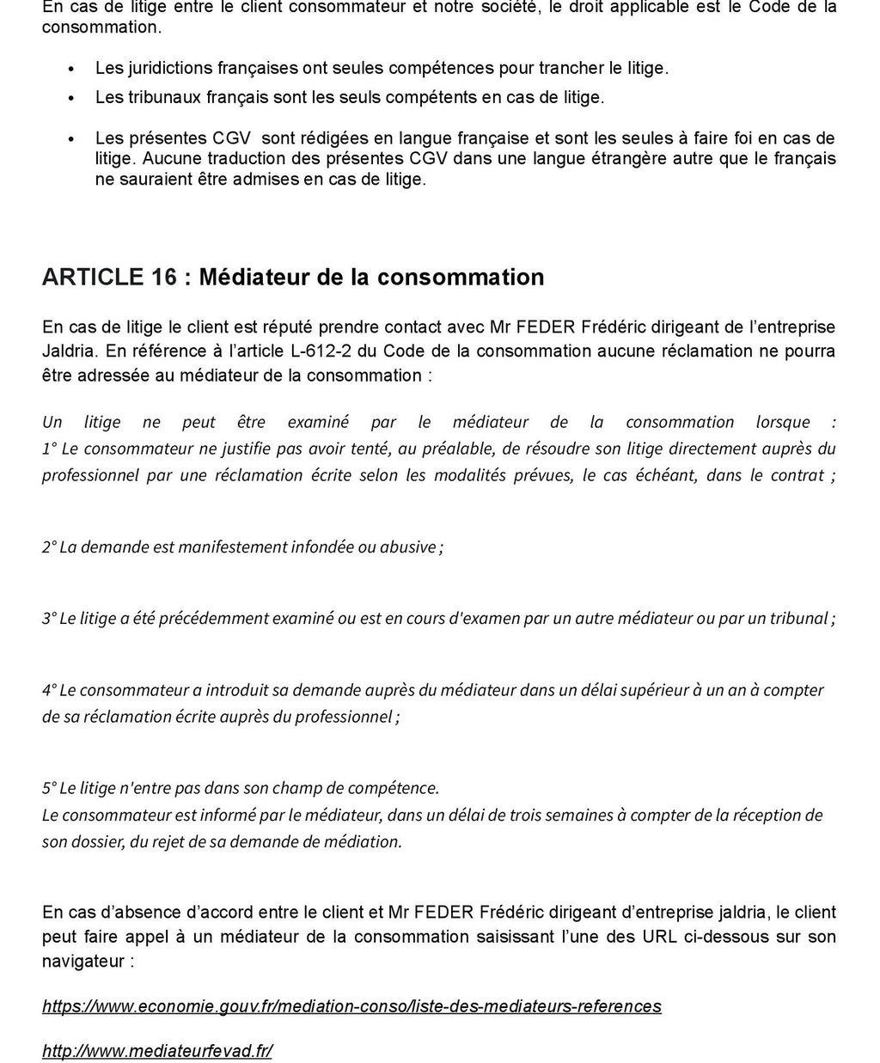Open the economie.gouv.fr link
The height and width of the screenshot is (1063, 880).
[x=351, y=1006]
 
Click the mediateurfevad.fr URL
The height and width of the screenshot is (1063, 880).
[x=157, y=1051]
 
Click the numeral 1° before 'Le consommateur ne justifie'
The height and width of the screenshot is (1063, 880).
[x=50, y=449]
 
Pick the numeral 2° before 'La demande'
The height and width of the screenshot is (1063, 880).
[x=50, y=547]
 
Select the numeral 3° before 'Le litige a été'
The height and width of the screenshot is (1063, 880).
[x=50, y=619]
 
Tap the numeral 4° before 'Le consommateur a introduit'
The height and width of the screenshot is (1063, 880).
[x=50, y=690]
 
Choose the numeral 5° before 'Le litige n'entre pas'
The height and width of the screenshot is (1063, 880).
[x=50, y=788]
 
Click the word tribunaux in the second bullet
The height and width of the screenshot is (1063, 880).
[x=160, y=97]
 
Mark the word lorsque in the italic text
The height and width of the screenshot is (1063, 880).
[x=783, y=422]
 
